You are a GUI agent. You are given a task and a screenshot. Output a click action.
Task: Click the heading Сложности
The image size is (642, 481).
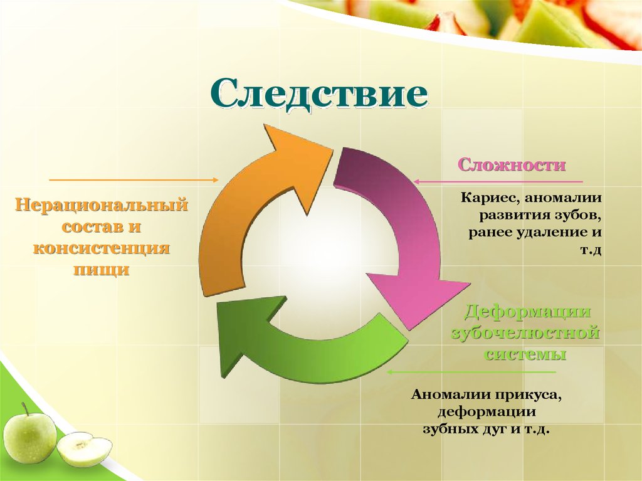click(512, 166)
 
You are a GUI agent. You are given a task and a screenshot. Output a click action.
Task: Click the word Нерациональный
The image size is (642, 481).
click(102, 205)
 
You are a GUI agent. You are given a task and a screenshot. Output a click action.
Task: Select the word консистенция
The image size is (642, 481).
click(102, 248)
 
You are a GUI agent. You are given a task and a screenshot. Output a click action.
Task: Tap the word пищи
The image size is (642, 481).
click(102, 270)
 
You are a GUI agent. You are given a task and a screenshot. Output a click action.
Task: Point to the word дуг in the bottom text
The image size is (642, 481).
click(482, 431)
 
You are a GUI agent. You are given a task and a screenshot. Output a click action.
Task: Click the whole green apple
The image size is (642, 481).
click(29, 436)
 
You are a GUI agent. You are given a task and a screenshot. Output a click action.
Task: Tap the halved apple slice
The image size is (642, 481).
click(85, 448)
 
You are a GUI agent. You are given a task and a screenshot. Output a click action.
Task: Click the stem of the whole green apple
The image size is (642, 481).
click(26, 408)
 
